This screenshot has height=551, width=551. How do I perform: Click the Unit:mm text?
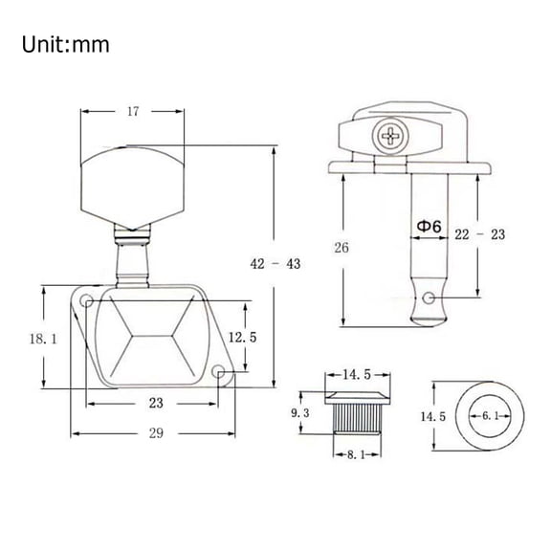coord(65,45)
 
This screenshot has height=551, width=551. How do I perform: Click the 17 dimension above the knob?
coord(133,112)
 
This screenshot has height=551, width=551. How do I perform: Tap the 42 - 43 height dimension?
coord(275,264)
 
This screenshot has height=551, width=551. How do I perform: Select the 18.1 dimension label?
coord(43,339)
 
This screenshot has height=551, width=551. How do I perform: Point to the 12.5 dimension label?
coord(242,338)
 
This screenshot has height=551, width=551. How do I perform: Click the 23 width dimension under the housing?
coord(156,403)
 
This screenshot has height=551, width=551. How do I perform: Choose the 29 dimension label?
coord(156,433)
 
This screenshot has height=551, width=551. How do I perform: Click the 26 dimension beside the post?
coord(342,248)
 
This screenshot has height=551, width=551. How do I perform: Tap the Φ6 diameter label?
coord(429,227)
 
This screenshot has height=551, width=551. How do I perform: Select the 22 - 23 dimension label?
coord(479,234)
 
